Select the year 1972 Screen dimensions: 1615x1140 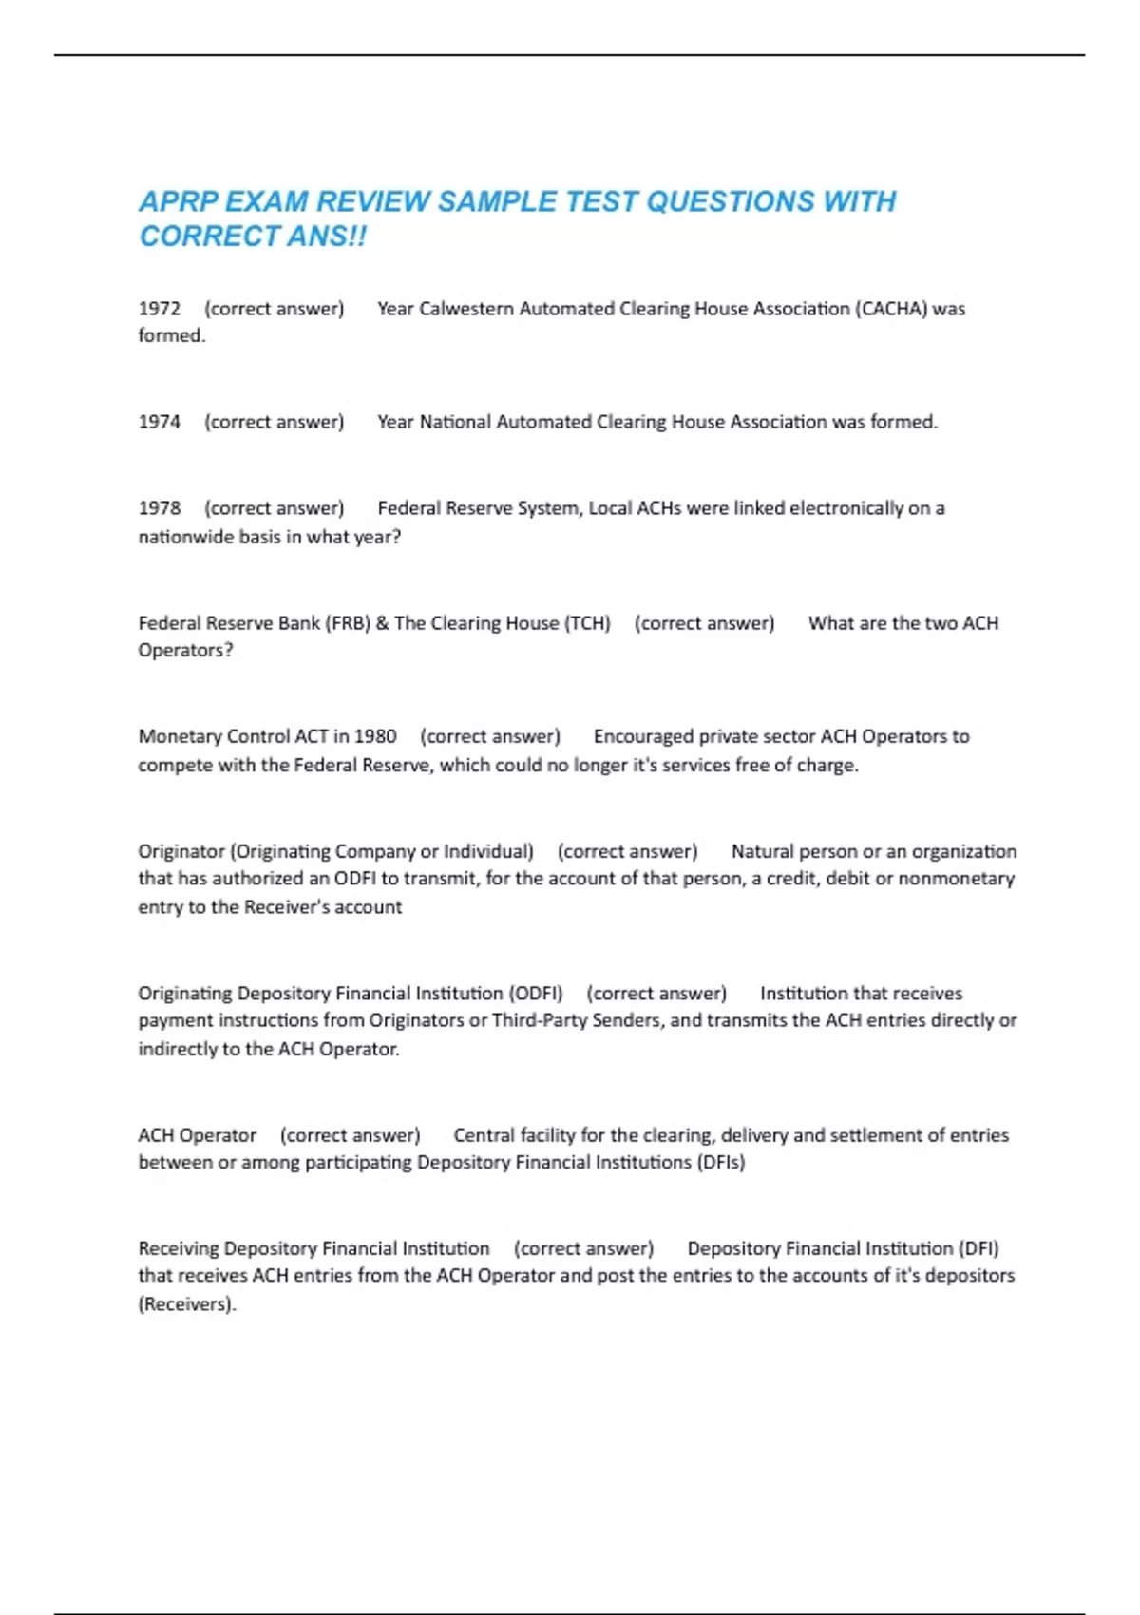159,309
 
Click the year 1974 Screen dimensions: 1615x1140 159,422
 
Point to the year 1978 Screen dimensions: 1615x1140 159,508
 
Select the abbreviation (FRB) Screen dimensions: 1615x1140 348,623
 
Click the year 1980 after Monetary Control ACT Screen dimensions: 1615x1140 375,736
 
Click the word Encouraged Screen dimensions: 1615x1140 643,736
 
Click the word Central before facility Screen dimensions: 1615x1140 484,1135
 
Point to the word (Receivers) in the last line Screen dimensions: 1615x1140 186,1303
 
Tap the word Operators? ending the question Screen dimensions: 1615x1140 185,651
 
